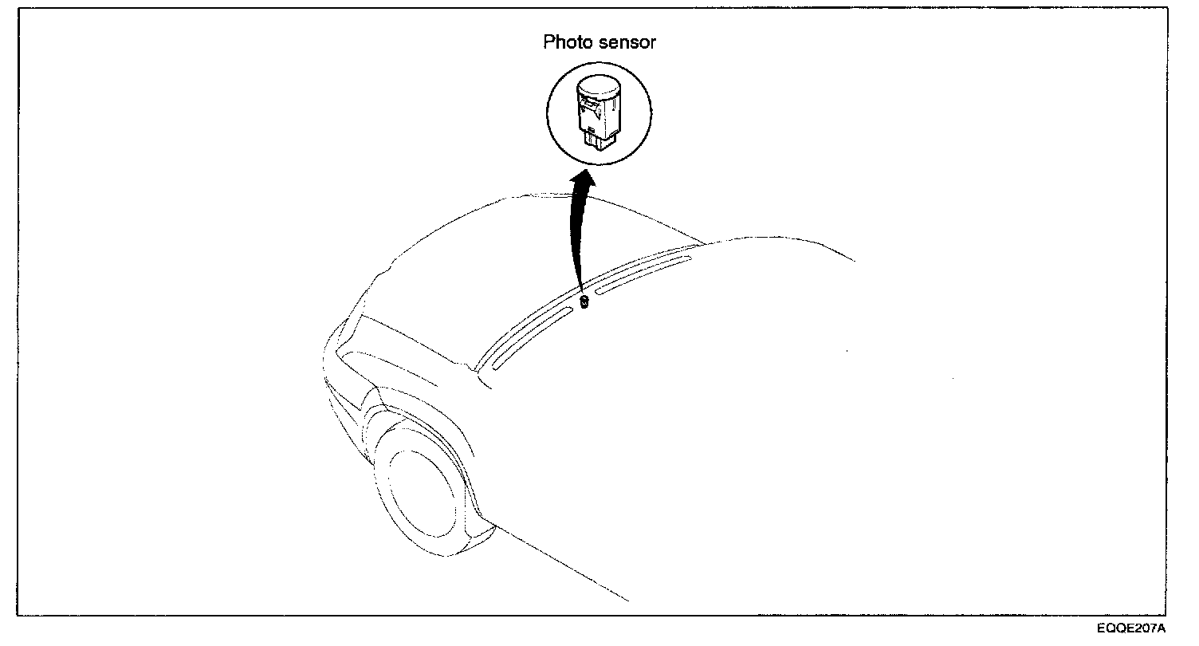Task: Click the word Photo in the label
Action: tap(565, 42)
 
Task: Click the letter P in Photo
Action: tap(549, 42)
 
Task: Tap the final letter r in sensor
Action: tap(653, 42)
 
